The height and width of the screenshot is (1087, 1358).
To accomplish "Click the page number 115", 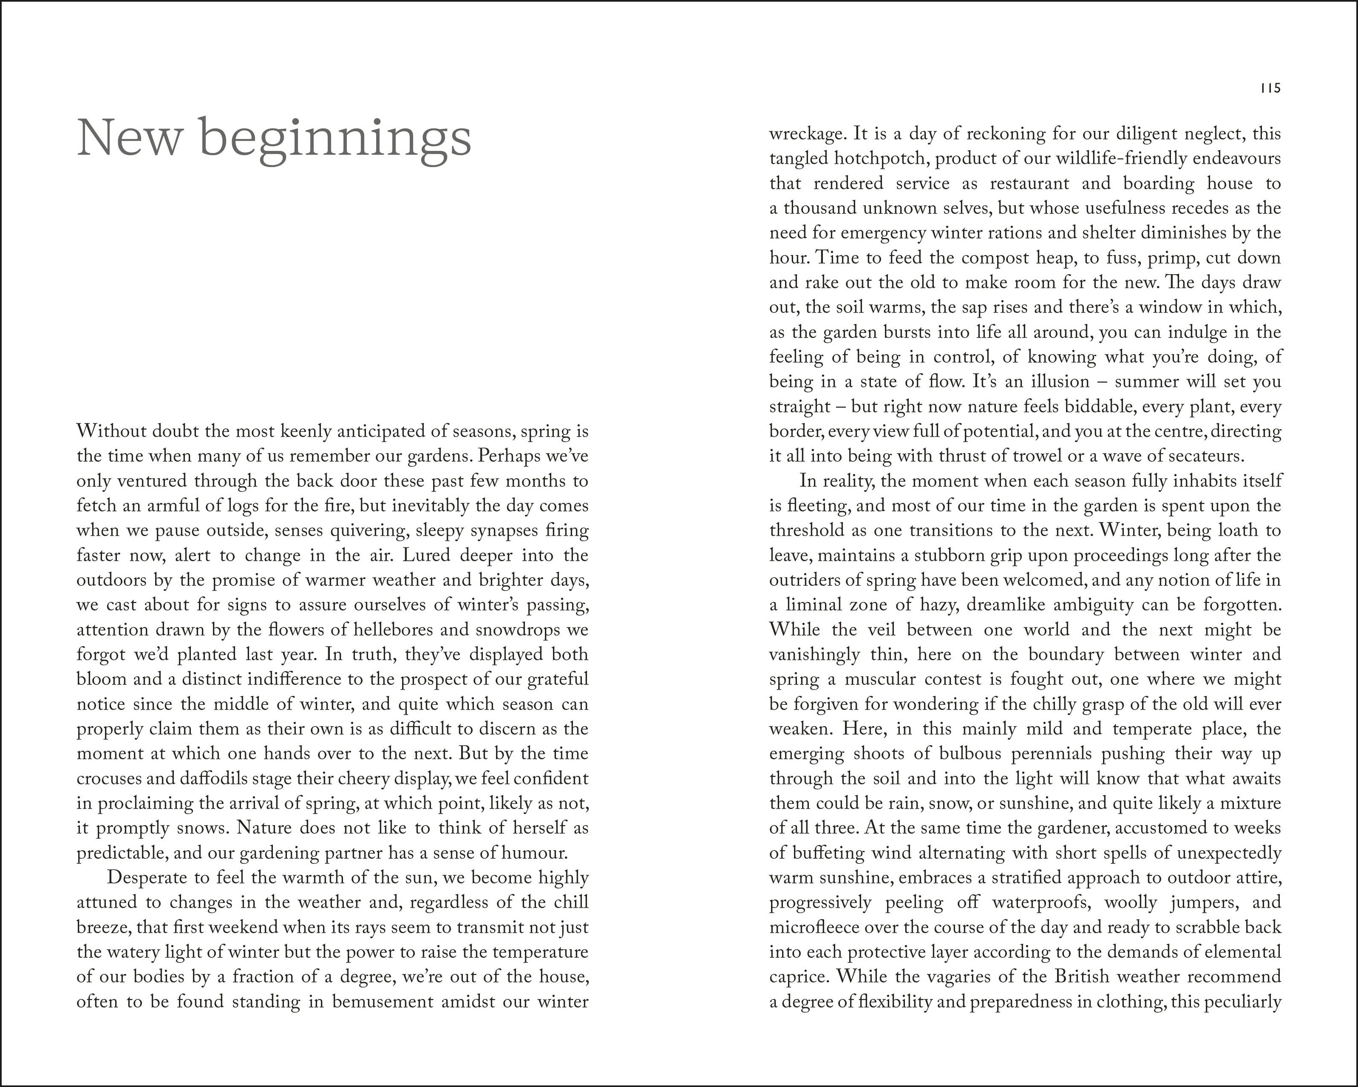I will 1270,89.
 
